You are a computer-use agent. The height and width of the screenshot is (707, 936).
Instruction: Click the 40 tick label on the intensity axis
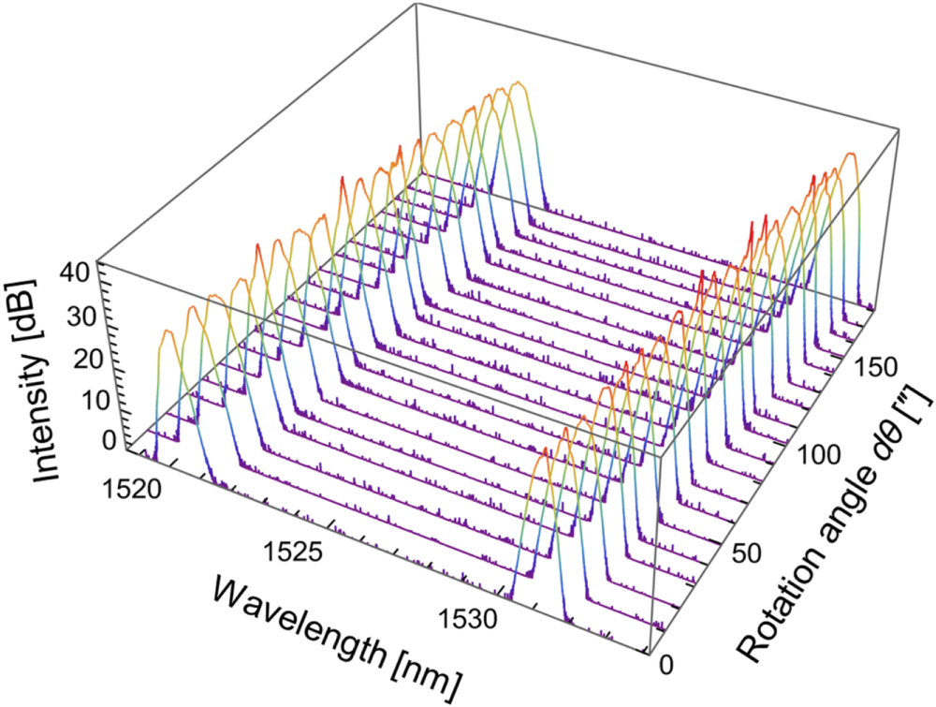click(73, 272)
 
